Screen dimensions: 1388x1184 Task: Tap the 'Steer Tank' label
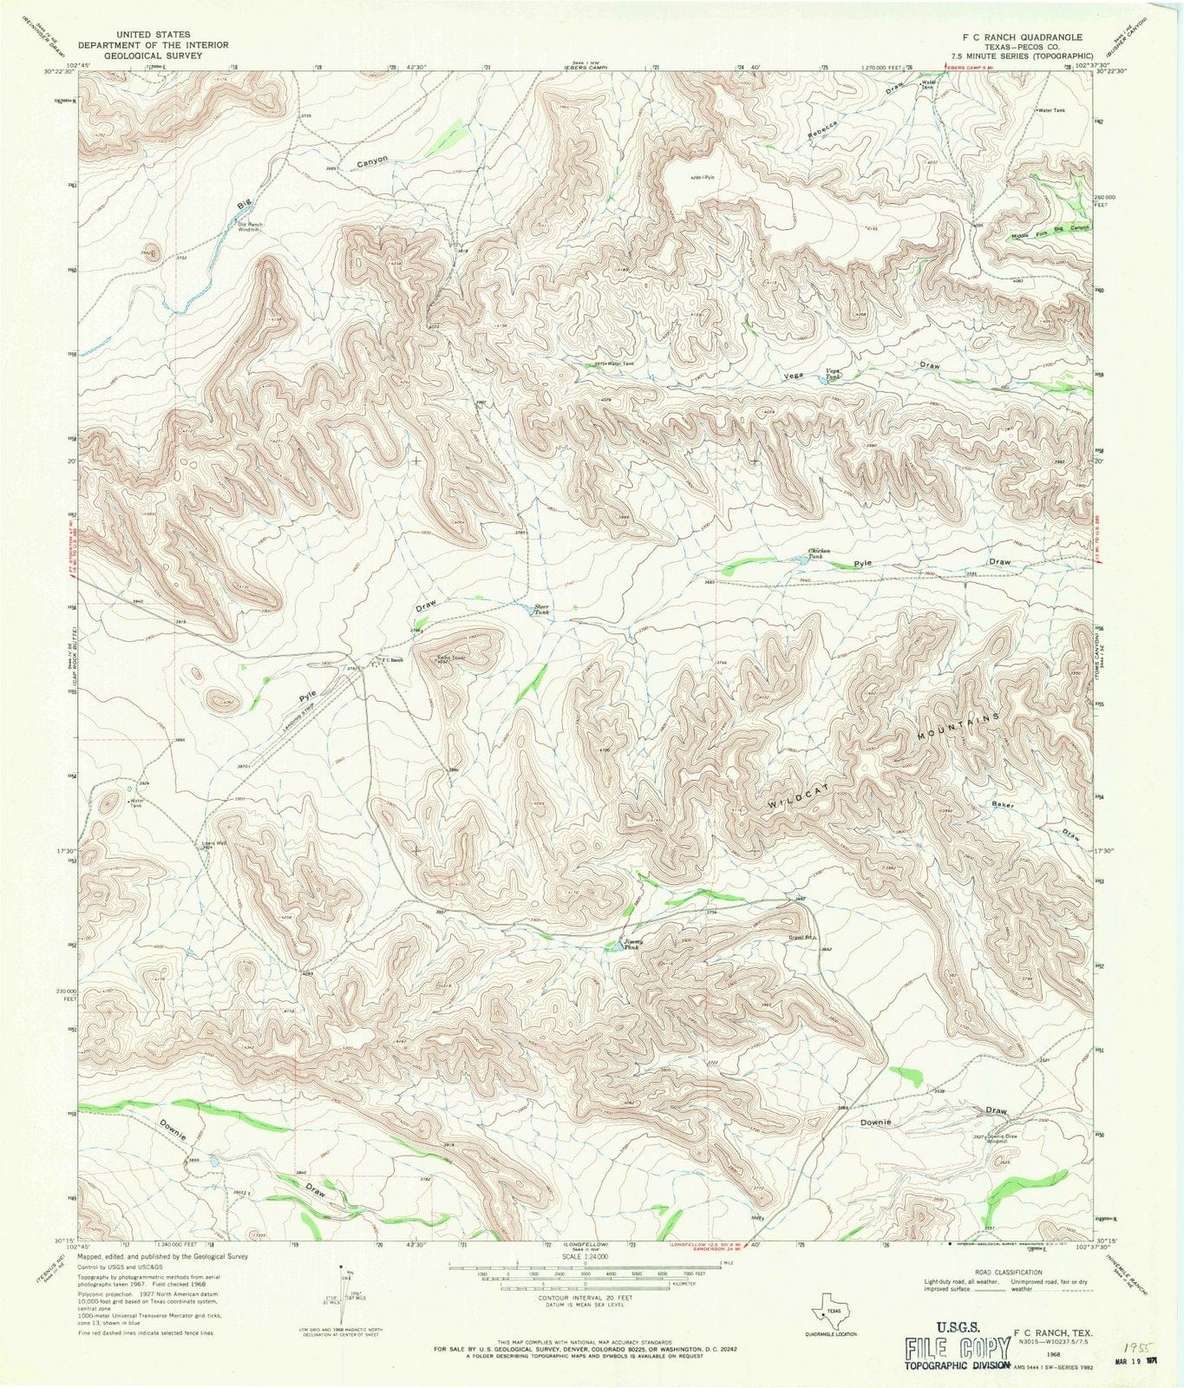541,610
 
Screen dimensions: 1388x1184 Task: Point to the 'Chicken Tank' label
820,553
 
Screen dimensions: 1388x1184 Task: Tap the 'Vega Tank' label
832,374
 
